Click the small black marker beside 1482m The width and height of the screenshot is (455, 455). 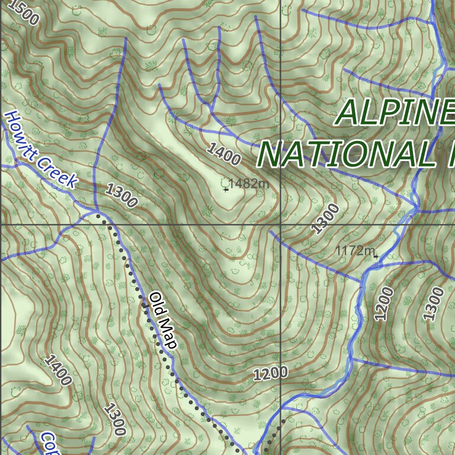pyautogui.click(x=226, y=190)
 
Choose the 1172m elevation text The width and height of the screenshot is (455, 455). pyautogui.click(x=354, y=251)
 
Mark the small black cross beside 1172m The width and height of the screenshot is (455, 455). pyautogui.click(x=376, y=256)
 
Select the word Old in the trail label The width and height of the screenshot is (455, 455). pyautogui.click(x=156, y=303)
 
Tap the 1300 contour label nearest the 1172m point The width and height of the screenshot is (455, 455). pyautogui.click(x=326, y=218)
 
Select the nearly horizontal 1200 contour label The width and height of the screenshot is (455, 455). pyautogui.click(x=270, y=373)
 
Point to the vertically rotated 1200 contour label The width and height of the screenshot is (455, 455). pyautogui.click(x=384, y=303)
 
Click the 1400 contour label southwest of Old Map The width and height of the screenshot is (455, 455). pyautogui.click(x=57, y=370)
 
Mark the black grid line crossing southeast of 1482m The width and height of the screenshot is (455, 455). pyautogui.click(x=280, y=225)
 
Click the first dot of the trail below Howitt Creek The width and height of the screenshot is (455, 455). pyautogui.click(x=98, y=217)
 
